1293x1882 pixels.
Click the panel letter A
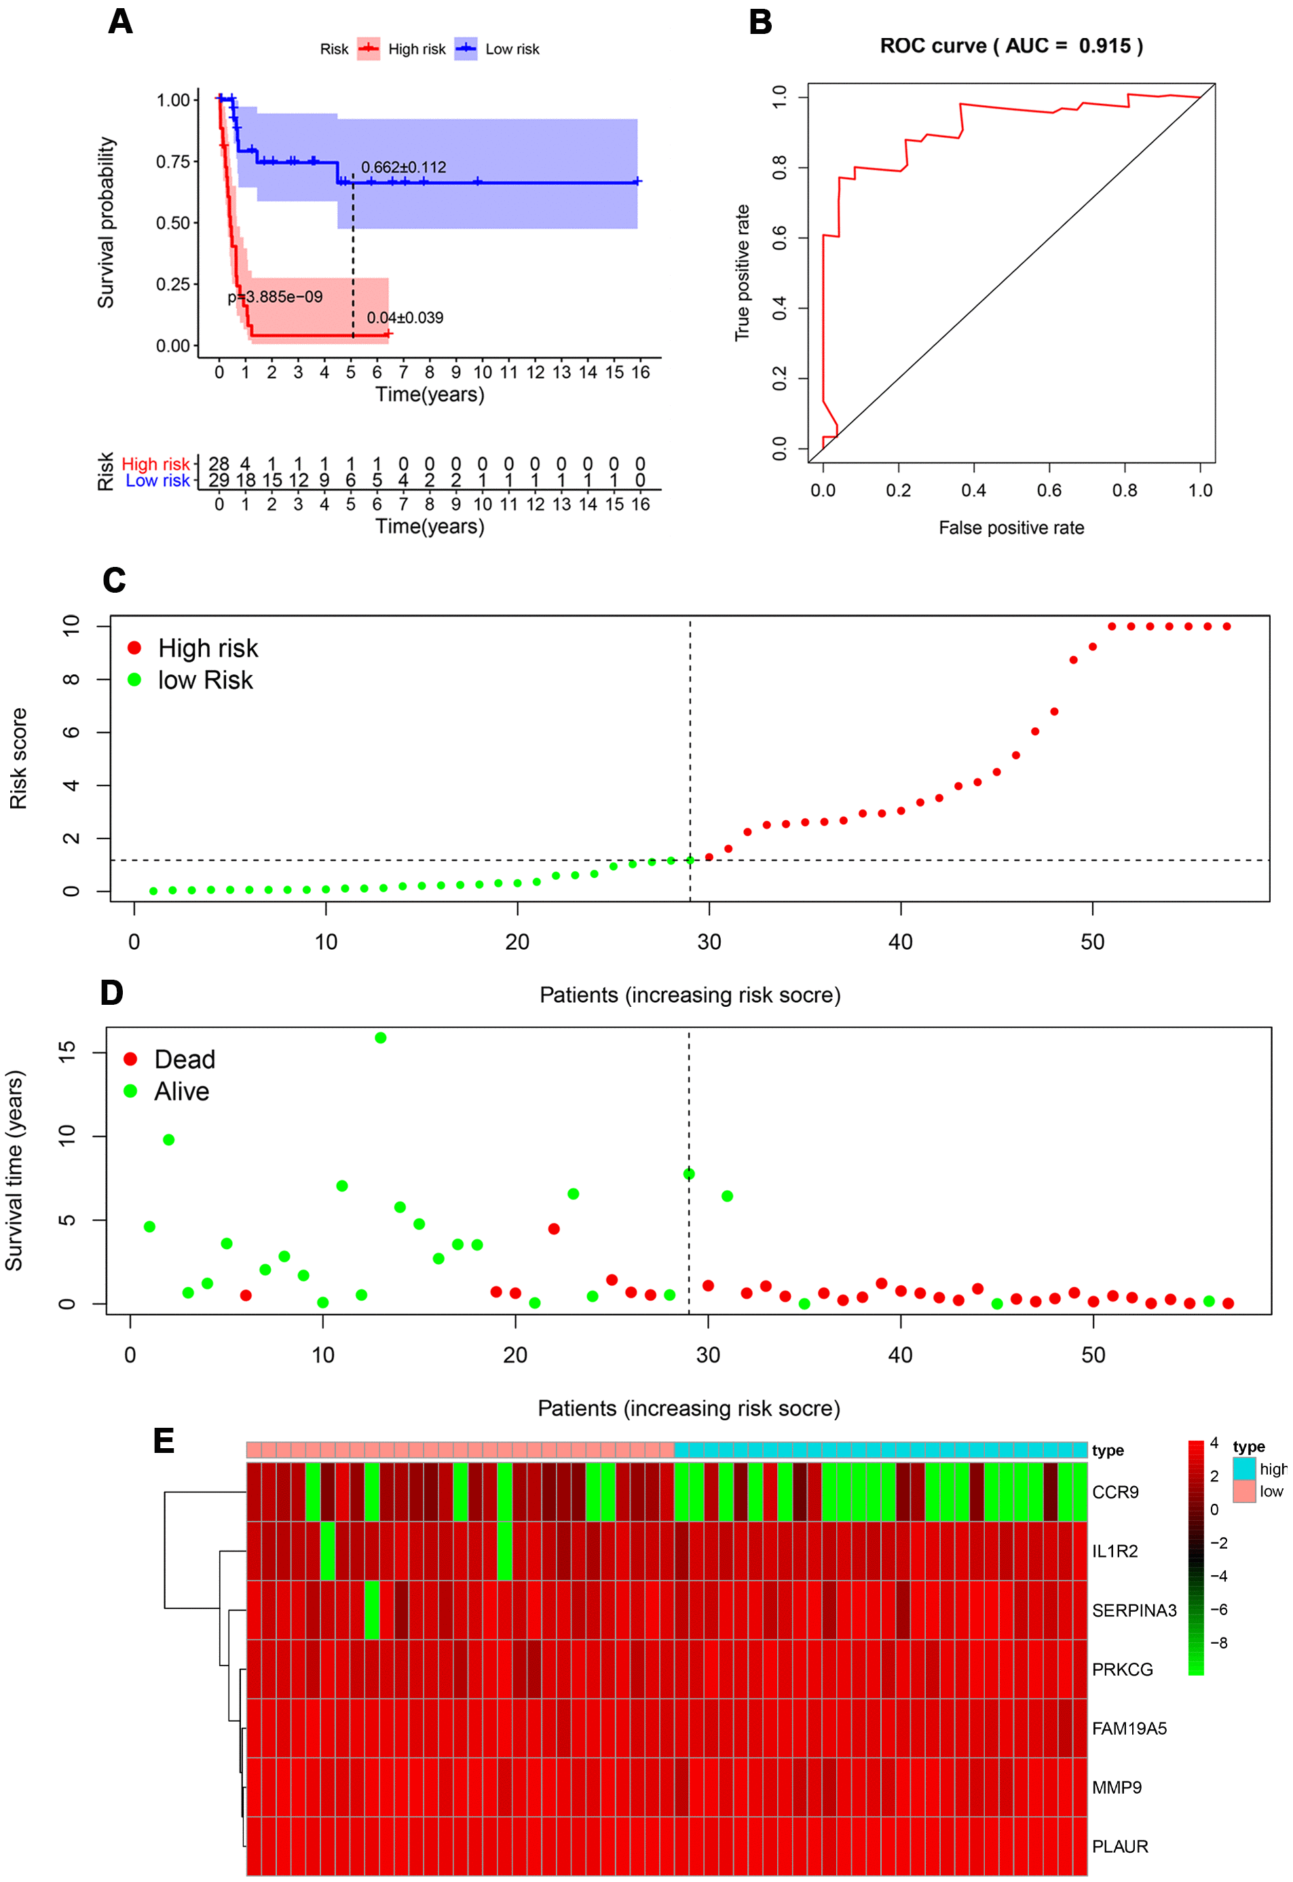120,22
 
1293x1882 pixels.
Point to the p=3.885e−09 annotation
275,297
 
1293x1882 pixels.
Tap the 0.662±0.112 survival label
403,168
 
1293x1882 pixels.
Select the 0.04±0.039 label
405,318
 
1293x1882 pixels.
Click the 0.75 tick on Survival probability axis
172,161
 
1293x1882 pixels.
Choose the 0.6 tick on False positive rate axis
1049,490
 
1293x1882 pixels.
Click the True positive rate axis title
742,273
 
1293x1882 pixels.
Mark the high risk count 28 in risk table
219,464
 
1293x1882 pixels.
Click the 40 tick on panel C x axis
900,942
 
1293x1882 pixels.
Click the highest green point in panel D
381,1038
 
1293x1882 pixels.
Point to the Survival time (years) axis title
14,1170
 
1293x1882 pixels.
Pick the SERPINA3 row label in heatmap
1133,1610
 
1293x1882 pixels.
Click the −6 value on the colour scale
1218,1610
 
